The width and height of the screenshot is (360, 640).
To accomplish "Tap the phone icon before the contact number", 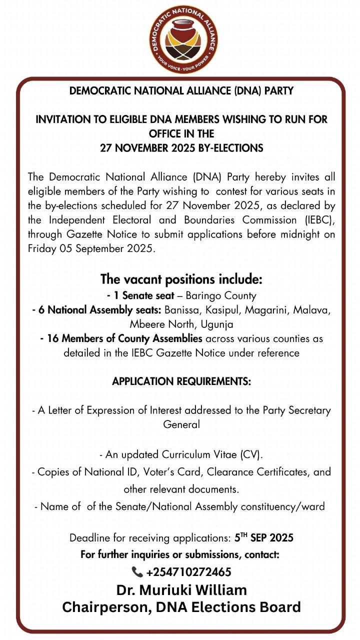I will click(x=136, y=572).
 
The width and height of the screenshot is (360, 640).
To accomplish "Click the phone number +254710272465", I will click(x=188, y=572).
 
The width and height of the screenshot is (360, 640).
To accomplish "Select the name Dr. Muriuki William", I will click(x=181, y=590).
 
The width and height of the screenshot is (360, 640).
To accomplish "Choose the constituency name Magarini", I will click(x=269, y=310).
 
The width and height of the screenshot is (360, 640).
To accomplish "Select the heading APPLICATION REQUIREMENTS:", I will click(x=181, y=381).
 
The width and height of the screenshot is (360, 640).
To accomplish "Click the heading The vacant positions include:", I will click(x=181, y=278).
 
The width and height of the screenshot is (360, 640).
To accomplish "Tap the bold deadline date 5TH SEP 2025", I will click(x=264, y=538).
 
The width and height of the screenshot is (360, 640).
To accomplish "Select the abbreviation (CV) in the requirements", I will click(x=250, y=454).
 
